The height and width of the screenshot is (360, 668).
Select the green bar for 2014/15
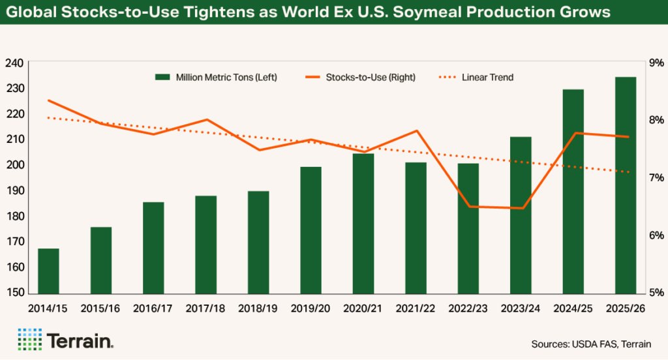(48, 271)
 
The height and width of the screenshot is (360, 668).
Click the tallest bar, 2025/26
(626, 185)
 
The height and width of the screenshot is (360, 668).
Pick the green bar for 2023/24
(521, 215)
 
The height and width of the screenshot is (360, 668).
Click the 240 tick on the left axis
(14, 63)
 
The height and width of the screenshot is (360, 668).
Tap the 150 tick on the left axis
(14, 293)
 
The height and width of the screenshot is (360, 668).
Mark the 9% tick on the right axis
(654, 63)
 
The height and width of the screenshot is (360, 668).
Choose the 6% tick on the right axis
(654, 235)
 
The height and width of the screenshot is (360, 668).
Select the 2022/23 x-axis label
(468, 307)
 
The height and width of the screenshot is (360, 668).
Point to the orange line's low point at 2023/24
(521, 208)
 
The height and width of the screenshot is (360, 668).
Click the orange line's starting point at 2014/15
(49, 100)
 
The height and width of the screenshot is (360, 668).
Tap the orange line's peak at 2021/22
(416, 131)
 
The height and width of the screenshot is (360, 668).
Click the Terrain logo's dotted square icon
(29, 340)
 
